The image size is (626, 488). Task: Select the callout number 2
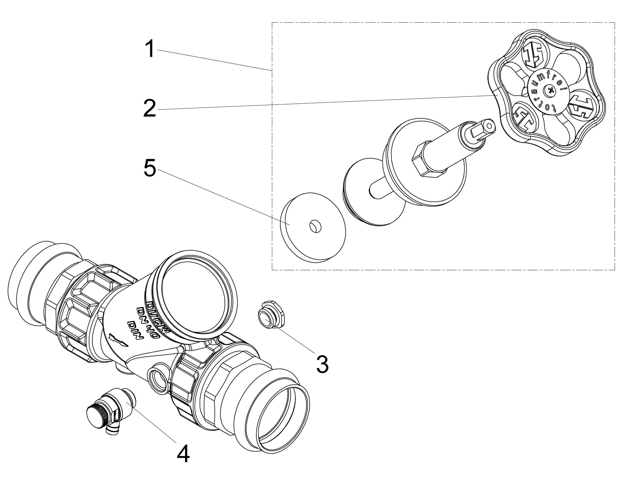(150, 108)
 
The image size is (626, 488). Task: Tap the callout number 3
(322, 364)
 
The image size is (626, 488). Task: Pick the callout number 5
(150, 168)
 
